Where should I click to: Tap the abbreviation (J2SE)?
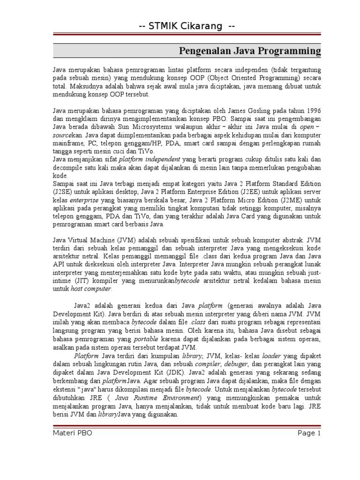64,192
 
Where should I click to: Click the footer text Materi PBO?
72,434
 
